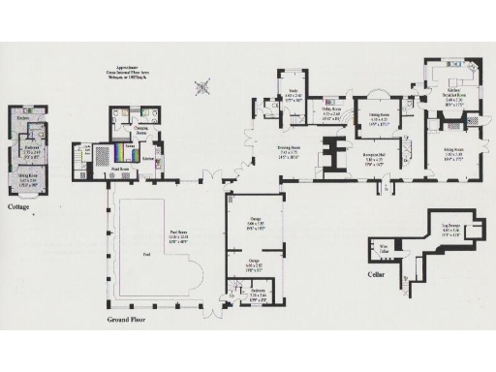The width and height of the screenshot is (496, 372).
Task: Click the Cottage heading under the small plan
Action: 19,207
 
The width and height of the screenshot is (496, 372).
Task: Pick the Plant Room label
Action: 116,169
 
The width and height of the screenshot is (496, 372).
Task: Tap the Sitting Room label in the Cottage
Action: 29,180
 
